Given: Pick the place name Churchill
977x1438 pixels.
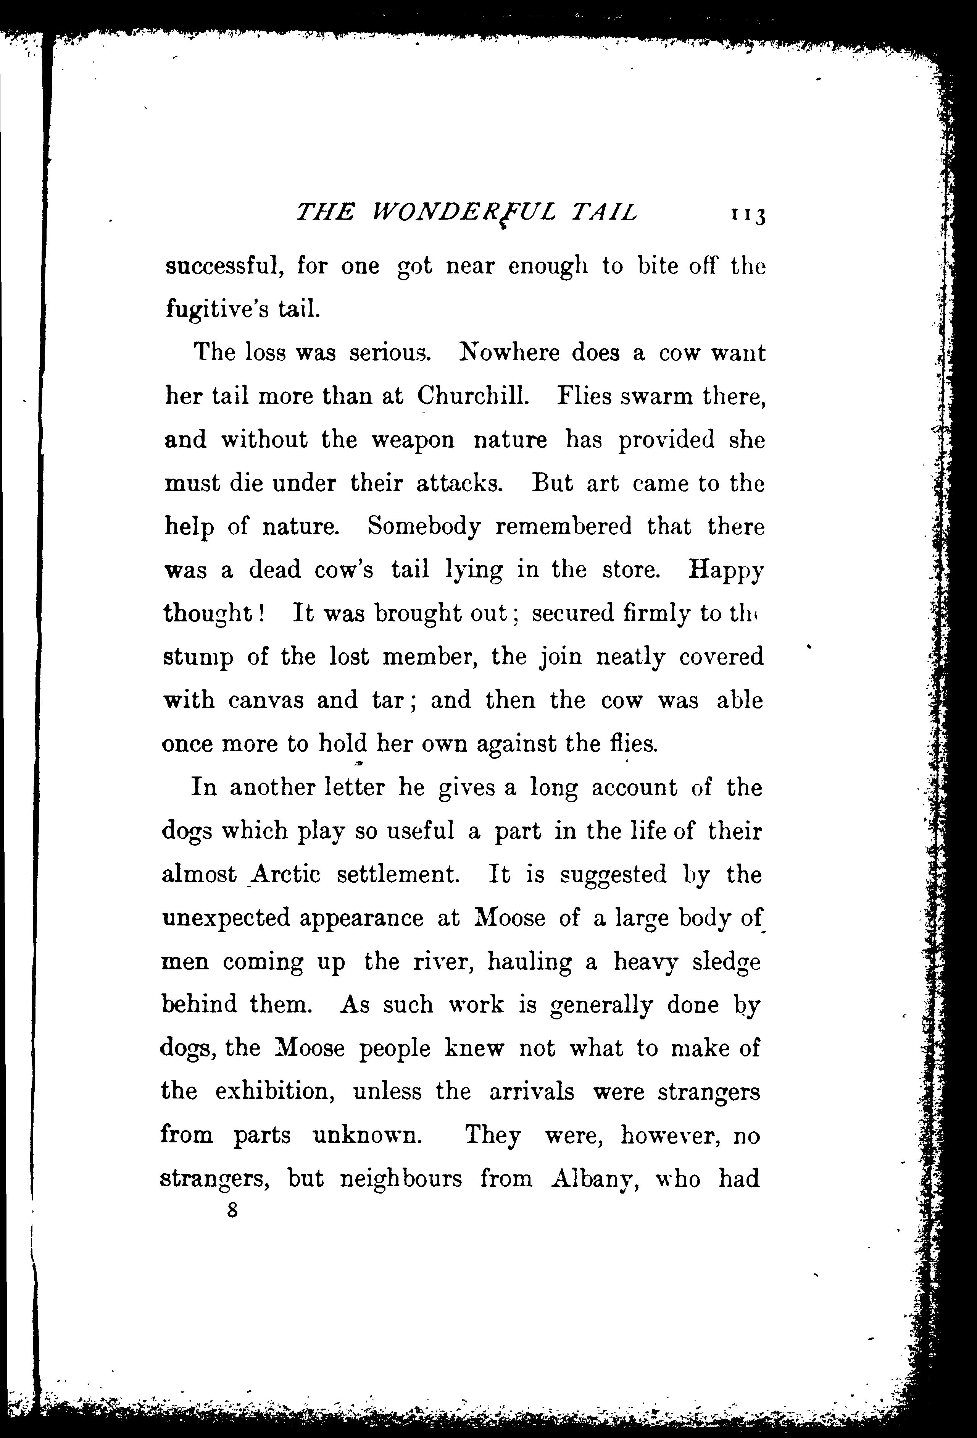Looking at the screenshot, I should click(x=473, y=396).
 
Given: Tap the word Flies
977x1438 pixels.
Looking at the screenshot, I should click(x=584, y=396).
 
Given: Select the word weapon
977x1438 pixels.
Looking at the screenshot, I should click(x=413, y=440).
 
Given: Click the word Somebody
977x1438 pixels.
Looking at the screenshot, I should click(x=424, y=527).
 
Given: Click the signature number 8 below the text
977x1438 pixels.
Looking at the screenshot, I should click(x=232, y=1210).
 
